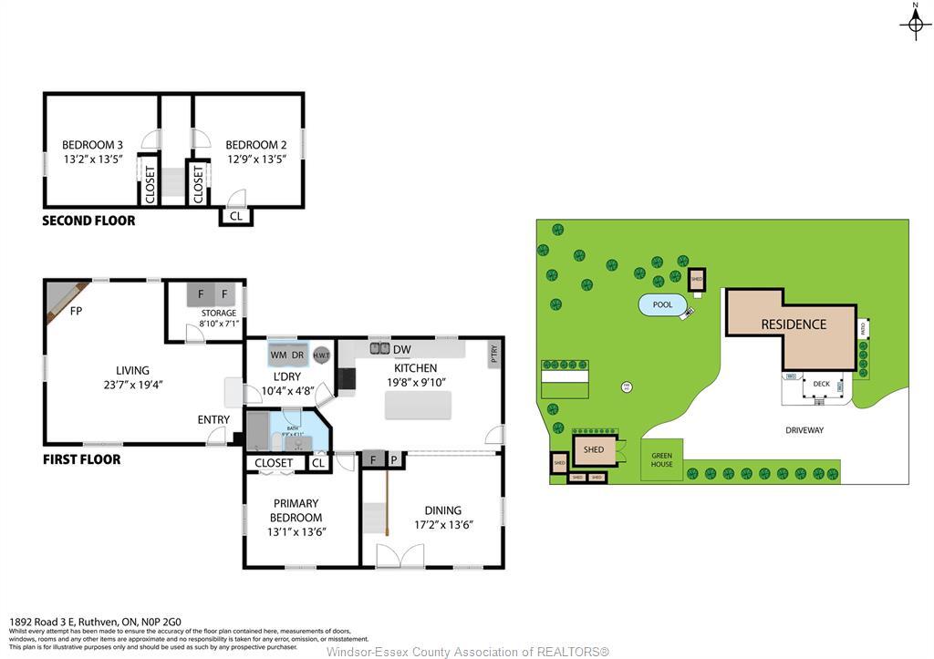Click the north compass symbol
tap(915, 22)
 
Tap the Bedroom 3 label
tap(92, 145)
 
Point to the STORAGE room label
tap(219, 313)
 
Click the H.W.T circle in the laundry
tap(321, 355)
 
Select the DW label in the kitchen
tap(402, 349)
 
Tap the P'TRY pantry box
tap(493, 355)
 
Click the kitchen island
tap(419, 405)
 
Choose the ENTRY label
tap(213, 419)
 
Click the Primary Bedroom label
tap(296, 510)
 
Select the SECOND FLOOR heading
tap(88, 221)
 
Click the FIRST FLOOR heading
tap(81, 459)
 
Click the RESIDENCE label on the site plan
tap(794, 324)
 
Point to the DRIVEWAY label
tap(804, 430)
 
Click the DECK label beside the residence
tap(821, 385)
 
